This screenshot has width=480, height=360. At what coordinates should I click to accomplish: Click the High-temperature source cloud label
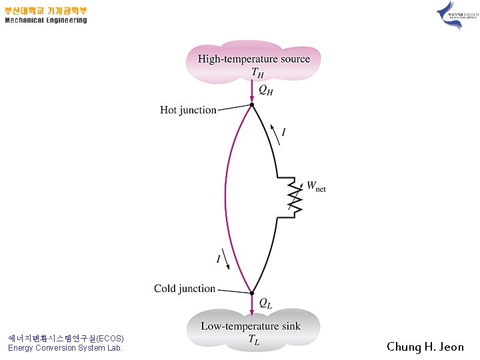[x=253, y=59]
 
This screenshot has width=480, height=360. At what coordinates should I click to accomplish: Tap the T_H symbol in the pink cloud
[x=257, y=72]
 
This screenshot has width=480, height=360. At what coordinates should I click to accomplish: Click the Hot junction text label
[x=188, y=110]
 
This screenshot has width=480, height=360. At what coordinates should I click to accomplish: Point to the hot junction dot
[x=252, y=105]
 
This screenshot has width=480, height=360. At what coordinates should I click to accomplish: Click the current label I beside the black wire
[x=284, y=133]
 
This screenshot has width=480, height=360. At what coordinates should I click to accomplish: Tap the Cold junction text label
[x=185, y=289]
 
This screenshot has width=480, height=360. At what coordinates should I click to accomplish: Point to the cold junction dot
[x=252, y=293]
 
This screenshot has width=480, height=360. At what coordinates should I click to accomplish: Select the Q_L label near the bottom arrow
[x=265, y=304]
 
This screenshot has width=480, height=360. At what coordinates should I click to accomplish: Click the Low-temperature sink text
[x=251, y=327]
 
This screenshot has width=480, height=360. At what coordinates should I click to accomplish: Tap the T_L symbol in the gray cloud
[x=253, y=341]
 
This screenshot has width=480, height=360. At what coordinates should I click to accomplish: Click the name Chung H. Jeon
[x=425, y=347]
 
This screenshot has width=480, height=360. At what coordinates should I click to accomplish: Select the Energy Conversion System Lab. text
[x=65, y=348]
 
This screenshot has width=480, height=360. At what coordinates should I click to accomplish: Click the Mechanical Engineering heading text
[x=46, y=20]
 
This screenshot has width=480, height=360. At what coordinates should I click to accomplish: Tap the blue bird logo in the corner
[x=450, y=15]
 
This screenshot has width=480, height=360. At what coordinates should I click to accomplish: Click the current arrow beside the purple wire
[x=227, y=262]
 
